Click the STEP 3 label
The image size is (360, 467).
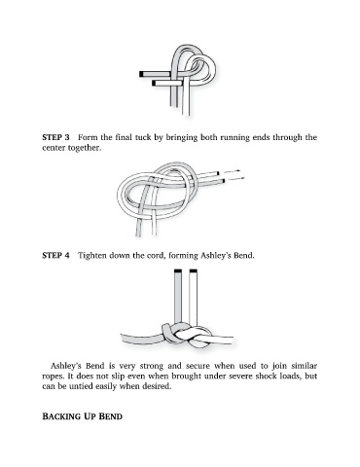point(55,137)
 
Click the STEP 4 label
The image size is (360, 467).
point(55,256)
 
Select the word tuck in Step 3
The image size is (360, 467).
point(143,137)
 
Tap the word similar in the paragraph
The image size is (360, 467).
point(304,366)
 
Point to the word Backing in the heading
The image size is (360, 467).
point(67,416)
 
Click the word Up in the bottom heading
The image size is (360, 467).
point(100,416)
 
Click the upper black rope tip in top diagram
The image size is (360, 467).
point(141,74)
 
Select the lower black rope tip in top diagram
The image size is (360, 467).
point(154,84)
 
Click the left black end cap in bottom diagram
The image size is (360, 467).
point(178,270)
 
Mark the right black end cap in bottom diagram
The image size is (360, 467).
point(194,270)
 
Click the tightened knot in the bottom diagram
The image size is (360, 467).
point(186,336)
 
